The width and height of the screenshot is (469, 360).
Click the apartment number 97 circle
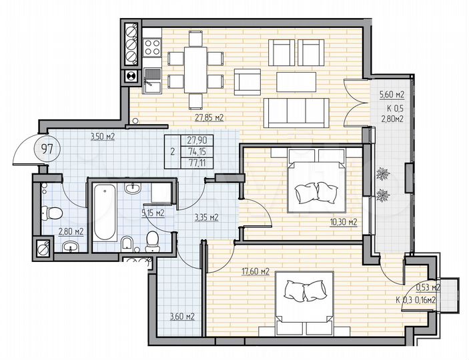tap(28, 148)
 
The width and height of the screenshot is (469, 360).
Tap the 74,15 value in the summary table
tap(196, 151)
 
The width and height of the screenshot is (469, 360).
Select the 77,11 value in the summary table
tap(196, 162)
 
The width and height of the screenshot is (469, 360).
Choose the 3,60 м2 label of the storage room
tap(181, 317)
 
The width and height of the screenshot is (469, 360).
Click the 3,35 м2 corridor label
tap(206, 217)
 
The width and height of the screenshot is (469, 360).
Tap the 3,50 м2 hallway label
tap(103, 137)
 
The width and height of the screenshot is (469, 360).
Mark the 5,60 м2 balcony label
tap(391, 95)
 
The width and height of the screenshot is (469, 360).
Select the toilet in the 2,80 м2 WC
tap(51, 213)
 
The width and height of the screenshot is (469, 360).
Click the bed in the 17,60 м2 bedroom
tap(304, 304)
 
